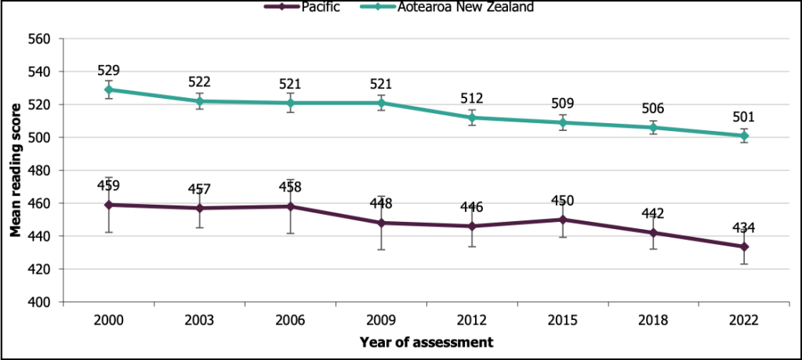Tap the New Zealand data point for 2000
pyautogui.click(x=109, y=89)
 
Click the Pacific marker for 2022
pyautogui.click(x=745, y=246)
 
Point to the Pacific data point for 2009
pyautogui.click(x=382, y=223)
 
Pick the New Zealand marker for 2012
pyautogui.click(x=473, y=118)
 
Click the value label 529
pyautogui.click(x=109, y=71)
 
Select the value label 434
pyautogui.click(x=745, y=228)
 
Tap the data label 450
pyautogui.click(x=564, y=202)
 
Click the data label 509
pyautogui.click(x=564, y=104)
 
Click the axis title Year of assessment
pyautogui.click(x=426, y=343)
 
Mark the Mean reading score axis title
pyautogui.click(x=15, y=170)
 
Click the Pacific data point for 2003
pyautogui.click(x=200, y=208)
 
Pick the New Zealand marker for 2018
pyautogui.click(x=654, y=127)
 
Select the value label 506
pyautogui.click(x=654, y=109)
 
